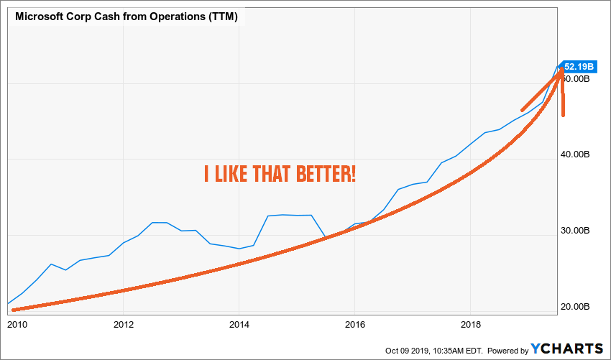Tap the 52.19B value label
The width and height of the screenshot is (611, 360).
coord(579,67)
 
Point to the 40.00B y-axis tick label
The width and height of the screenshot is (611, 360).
coord(576,154)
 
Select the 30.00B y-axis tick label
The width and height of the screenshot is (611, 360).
coord(576,231)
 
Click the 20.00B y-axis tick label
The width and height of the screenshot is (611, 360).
coord(576,308)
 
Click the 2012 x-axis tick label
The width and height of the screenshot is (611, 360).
coord(124,323)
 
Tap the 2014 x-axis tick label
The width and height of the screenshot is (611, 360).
coord(239,323)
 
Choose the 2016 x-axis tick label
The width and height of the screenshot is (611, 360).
coord(355,323)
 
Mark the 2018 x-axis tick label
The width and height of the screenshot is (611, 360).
coord(470,323)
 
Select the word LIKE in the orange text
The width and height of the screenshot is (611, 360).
coord(234,173)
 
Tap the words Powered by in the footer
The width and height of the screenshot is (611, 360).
coord(508,350)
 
